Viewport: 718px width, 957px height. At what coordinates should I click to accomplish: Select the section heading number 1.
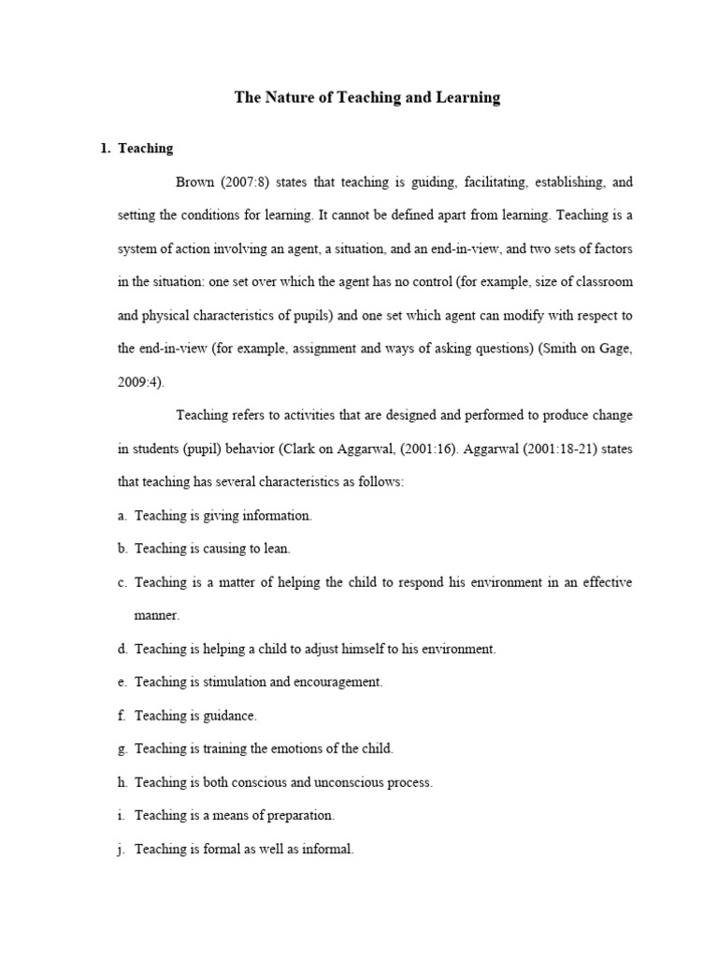tap(105, 149)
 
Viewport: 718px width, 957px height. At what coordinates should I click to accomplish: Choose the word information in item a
tap(277, 515)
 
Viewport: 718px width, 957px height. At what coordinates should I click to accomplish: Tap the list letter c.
tap(122, 582)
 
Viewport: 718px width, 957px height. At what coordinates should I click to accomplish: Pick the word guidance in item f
tap(229, 716)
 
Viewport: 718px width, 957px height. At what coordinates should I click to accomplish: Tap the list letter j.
tap(122, 850)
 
